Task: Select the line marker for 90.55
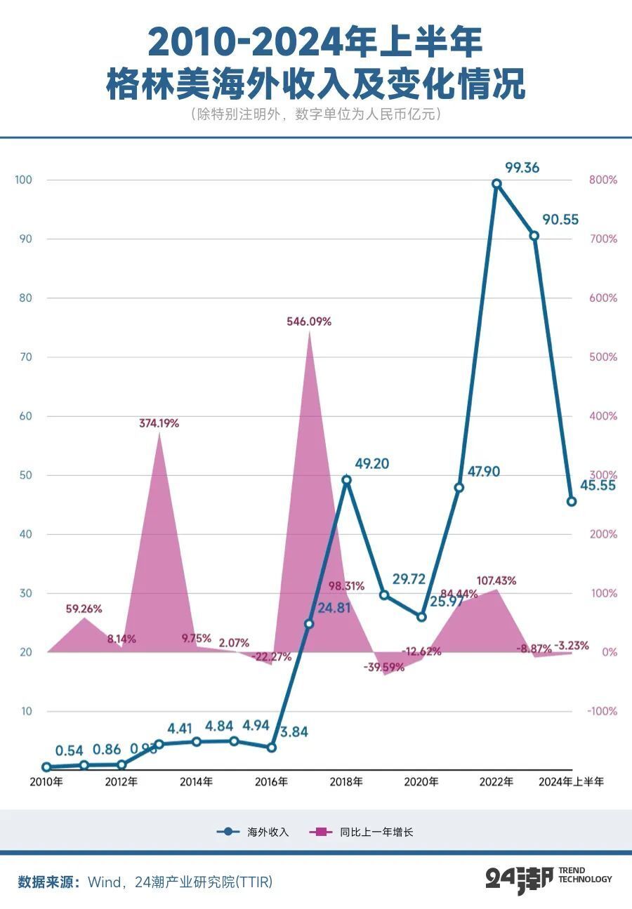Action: (x=534, y=236)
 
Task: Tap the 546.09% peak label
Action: (x=309, y=321)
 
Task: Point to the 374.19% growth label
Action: (x=157, y=423)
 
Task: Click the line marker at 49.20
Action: (x=346, y=480)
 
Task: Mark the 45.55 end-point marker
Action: (x=572, y=501)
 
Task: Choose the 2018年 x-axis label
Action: (x=346, y=781)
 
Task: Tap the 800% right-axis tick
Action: (x=603, y=180)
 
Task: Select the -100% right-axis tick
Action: (x=603, y=711)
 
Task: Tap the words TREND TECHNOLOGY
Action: (x=585, y=875)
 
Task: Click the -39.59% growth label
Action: (x=384, y=668)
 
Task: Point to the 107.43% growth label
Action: (x=496, y=580)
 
